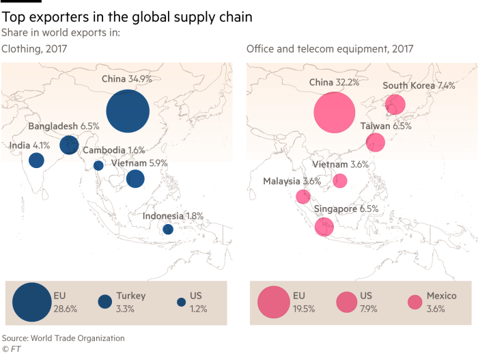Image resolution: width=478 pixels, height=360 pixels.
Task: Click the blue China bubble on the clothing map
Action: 128,111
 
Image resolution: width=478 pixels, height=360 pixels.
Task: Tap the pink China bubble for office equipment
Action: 335,113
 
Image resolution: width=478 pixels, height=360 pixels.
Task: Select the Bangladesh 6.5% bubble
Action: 69,145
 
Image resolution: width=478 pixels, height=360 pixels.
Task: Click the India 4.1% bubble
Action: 37,160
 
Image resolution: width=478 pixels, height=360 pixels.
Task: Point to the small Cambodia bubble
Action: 98,166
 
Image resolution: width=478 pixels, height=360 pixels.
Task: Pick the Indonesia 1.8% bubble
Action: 168,229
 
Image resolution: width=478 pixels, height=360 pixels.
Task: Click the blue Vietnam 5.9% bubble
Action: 135,179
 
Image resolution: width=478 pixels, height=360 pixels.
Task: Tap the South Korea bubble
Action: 395,105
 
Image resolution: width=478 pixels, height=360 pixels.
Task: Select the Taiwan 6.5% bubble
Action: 376,143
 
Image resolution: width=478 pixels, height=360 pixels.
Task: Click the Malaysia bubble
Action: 303,197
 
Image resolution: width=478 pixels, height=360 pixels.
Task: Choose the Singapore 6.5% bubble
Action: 324,227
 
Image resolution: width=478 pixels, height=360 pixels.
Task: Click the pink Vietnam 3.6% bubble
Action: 340,180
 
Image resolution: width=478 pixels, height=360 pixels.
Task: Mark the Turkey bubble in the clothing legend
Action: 105,302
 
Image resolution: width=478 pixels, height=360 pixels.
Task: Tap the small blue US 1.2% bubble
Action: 182,302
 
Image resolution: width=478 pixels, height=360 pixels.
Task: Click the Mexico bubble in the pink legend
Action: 415,302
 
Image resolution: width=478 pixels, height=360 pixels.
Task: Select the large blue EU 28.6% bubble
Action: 32,302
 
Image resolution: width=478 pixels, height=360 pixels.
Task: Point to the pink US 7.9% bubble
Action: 347,302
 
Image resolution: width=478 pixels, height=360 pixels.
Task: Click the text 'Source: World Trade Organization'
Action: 63,338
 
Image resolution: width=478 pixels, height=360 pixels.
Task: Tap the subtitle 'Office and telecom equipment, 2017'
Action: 330,49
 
